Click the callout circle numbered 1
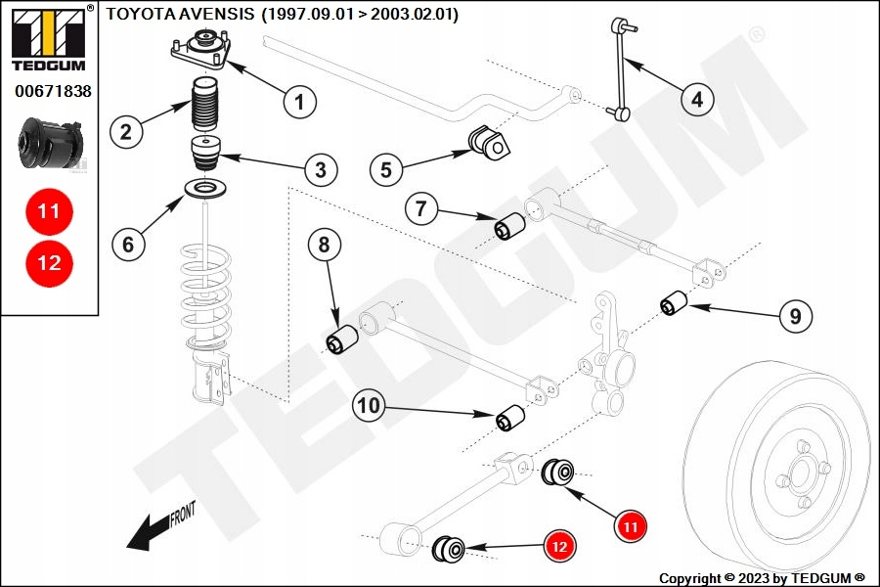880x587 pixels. point(299,99)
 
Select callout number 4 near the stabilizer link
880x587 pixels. point(696,98)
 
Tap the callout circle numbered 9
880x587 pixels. point(795,315)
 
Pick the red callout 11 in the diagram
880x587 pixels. point(631,526)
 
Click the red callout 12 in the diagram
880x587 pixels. point(559,548)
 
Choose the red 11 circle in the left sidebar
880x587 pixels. point(49,210)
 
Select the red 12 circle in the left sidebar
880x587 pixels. point(49,262)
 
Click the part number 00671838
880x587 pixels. point(53,91)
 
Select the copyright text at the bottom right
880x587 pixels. point(762,578)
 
